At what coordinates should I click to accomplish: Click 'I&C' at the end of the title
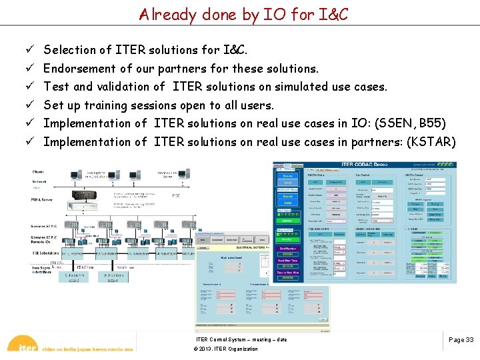click(x=331, y=14)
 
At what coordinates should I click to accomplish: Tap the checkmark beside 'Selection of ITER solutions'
click(x=31, y=50)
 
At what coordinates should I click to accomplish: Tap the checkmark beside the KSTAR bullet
click(x=31, y=142)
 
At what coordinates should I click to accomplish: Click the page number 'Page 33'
click(x=461, y=340)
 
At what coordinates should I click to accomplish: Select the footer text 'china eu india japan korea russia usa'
click(x=87, y=349)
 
